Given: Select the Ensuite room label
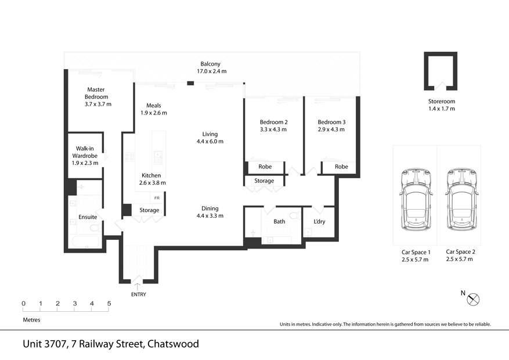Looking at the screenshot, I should pyautogui.click(x=88, y=217).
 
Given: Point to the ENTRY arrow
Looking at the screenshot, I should pyautogui.click(x=138, y=285).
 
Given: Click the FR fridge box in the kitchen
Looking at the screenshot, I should pyautogui.click(x=157, y=198).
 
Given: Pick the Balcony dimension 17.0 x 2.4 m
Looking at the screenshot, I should pyautogui.click(x=211, y=71).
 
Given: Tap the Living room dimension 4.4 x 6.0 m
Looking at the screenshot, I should pyautogui.click(x=210, y=141).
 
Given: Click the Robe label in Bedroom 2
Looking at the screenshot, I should pyautogui.click(x=265, y=167).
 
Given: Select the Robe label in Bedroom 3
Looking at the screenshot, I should pyautogui.click(x=341, y=167).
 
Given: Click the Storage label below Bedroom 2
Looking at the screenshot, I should pyautogui.click(x=264, y=181).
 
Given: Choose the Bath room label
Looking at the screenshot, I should pyautogui.click(x=279, y=221).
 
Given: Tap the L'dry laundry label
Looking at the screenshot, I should pyautogui.click(x=320, y=221).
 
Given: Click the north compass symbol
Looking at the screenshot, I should pyautogui.click(x=474, y=299).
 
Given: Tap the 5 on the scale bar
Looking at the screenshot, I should pyautogui.click(x=109, y=304).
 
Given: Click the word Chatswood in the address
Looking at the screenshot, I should pyautogui.click(x=173, y=344).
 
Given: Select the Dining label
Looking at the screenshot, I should pyautogui.click(x=210, y=208).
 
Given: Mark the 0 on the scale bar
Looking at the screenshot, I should pyautogui.click(x=23, y=304).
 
